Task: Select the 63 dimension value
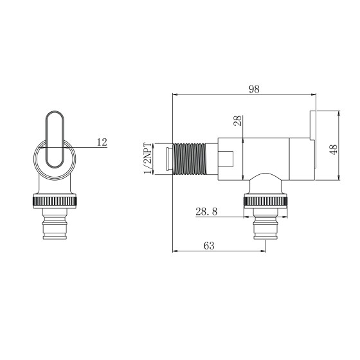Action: click(x=209, y=246)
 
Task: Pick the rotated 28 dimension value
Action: click(x=237, y=122)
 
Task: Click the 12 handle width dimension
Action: click(x=102, y=142)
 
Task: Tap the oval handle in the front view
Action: click(x=55, y=138)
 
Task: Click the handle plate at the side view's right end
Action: click(x=313, y=125)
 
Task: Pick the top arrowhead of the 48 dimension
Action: click(x=337, y=113)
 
